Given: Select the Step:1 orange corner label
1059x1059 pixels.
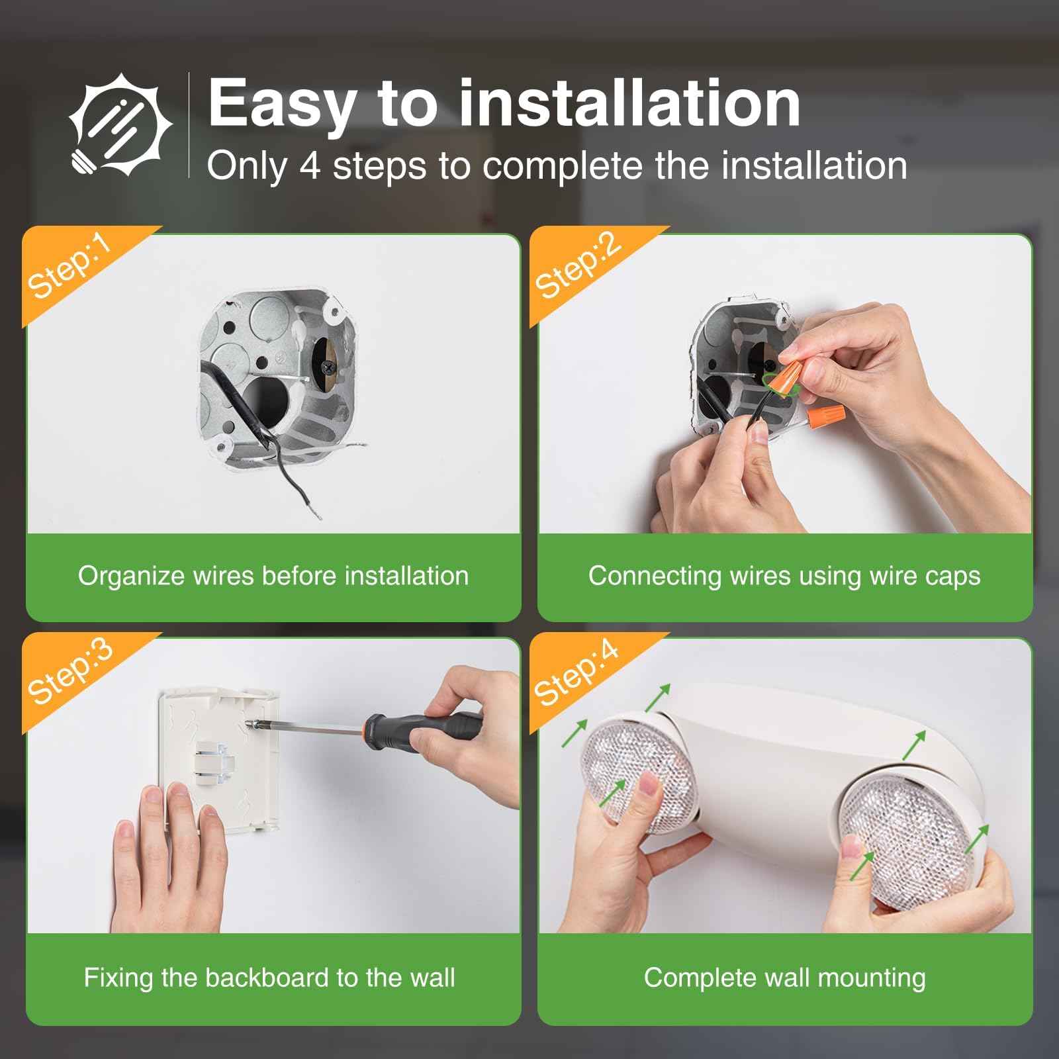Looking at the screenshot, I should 69,268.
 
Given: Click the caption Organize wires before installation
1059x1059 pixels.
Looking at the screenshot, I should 273,576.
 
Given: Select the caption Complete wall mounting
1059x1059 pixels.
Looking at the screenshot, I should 784,978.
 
